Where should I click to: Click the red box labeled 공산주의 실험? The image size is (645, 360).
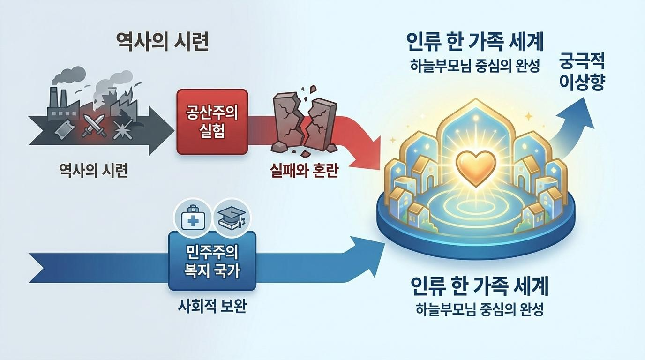212,122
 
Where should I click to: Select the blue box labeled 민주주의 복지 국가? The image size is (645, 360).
212,261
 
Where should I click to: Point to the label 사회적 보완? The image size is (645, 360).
212,308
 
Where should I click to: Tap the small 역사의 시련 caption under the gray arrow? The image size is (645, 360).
93,171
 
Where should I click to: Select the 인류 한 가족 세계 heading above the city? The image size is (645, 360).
475,43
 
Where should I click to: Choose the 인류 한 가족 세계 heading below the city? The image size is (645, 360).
479,286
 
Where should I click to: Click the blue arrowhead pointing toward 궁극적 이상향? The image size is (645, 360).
581,111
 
